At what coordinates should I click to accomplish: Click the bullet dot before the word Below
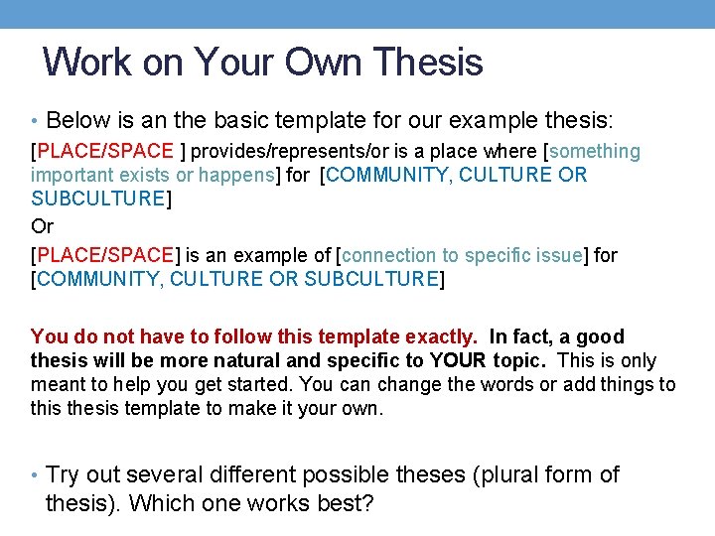(35, 122)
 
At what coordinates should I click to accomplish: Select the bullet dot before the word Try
(35, 475)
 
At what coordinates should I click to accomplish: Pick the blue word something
(595, 151)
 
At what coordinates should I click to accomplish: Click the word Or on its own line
(43, 225)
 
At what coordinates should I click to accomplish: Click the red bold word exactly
(437, 336)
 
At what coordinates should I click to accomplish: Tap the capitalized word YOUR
(457, 360)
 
